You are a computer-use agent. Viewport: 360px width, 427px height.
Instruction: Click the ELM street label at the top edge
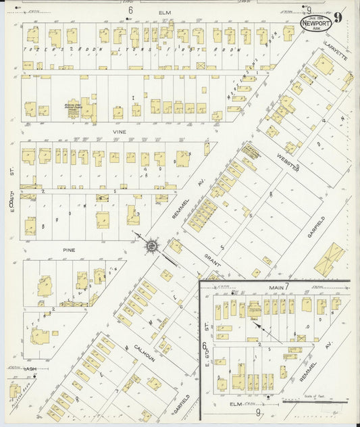(164, 12)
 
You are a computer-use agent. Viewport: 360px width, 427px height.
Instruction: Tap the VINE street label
(120, 132)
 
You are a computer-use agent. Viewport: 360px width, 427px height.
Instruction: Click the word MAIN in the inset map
(274, 287)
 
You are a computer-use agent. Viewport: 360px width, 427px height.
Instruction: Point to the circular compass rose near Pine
(153, 247)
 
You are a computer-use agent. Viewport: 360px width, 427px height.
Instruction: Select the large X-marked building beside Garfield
(329, 259)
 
